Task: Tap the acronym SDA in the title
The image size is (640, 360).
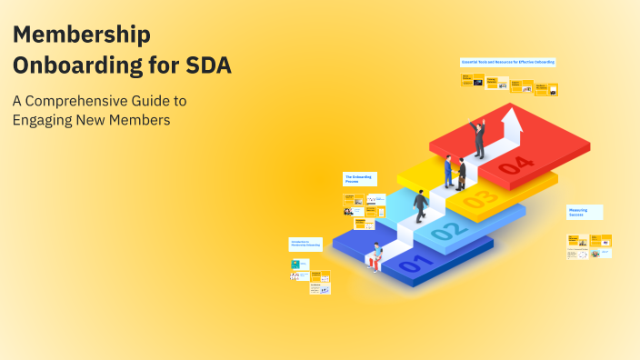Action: (x=208, y=66)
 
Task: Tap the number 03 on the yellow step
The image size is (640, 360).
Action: (x=481, y=196)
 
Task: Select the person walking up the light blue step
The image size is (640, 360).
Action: (x=421, y=206)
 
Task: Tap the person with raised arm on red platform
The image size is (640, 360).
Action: (x=478, y=139)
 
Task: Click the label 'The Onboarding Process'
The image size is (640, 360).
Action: (x=358, y=179)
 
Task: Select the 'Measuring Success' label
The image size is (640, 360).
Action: (x=584, y=213)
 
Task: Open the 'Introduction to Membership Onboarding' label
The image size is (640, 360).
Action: (x=305, y=244)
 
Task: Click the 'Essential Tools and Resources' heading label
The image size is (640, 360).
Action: (x=507, y=62)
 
